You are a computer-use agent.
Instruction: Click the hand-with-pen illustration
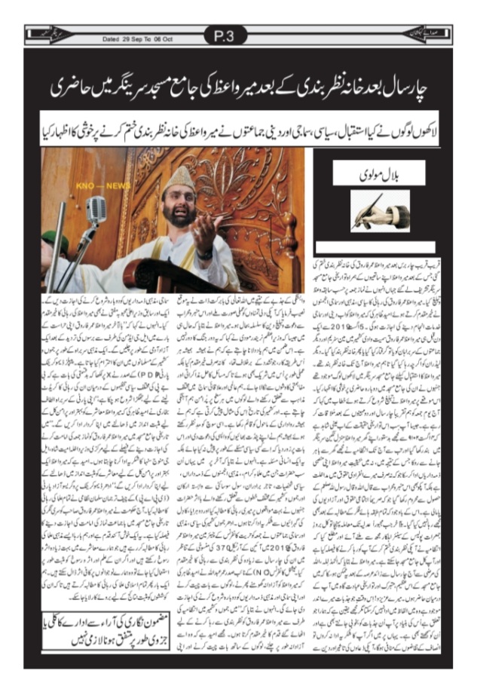pos(379,210)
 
